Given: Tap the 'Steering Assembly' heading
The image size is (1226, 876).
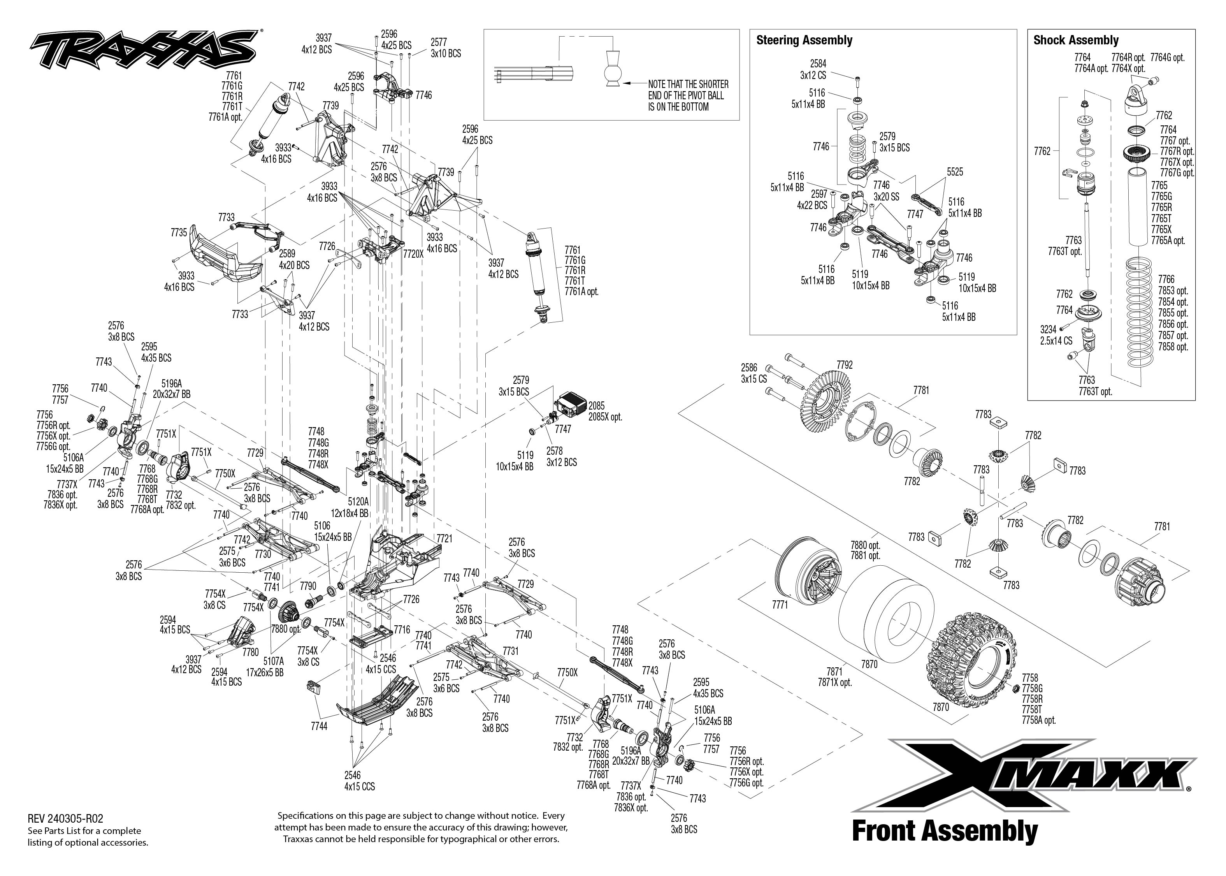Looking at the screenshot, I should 804,40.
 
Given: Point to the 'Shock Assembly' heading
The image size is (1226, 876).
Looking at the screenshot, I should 1076,40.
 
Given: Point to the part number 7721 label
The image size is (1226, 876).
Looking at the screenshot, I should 444,539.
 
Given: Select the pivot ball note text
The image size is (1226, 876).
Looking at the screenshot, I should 688,95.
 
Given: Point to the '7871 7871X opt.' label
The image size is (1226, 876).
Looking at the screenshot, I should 834,677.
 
